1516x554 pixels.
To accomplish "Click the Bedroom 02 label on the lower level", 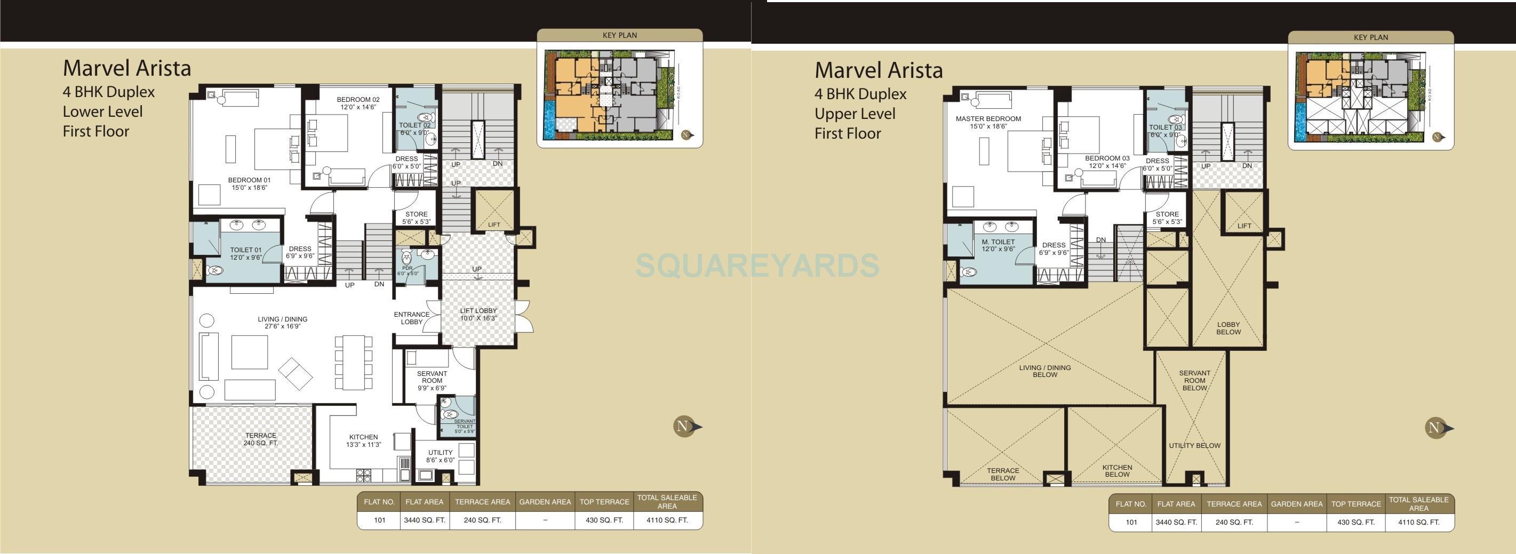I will [x=358, y=103].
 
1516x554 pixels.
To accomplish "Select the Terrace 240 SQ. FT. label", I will [x=260, y=439].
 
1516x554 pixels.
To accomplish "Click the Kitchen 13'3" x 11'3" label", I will [x=363, y=440].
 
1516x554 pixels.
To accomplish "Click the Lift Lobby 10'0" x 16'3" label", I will [x=478, y=314].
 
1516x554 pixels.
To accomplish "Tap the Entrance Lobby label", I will [x=411, y=318].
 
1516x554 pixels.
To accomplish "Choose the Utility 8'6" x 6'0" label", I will [x=440, y=456].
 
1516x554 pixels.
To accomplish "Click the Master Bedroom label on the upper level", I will [x=988, y=122].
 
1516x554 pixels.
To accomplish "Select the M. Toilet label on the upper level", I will [x=998, y=245].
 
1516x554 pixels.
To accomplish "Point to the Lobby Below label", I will [x=1228, y=328].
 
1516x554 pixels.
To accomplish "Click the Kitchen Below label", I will [x=1117, y=471].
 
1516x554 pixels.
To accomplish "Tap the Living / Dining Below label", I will [x=1044, y=371].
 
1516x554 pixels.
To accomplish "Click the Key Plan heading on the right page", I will [x=1370, y=37].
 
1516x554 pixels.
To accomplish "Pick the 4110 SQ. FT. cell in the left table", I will [x=667, y=520].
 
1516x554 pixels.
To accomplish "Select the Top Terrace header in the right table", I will [x=1356, y=504].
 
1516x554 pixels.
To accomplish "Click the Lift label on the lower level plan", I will [x=494, y=224].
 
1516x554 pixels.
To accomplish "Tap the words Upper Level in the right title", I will [x=855, y=114].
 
